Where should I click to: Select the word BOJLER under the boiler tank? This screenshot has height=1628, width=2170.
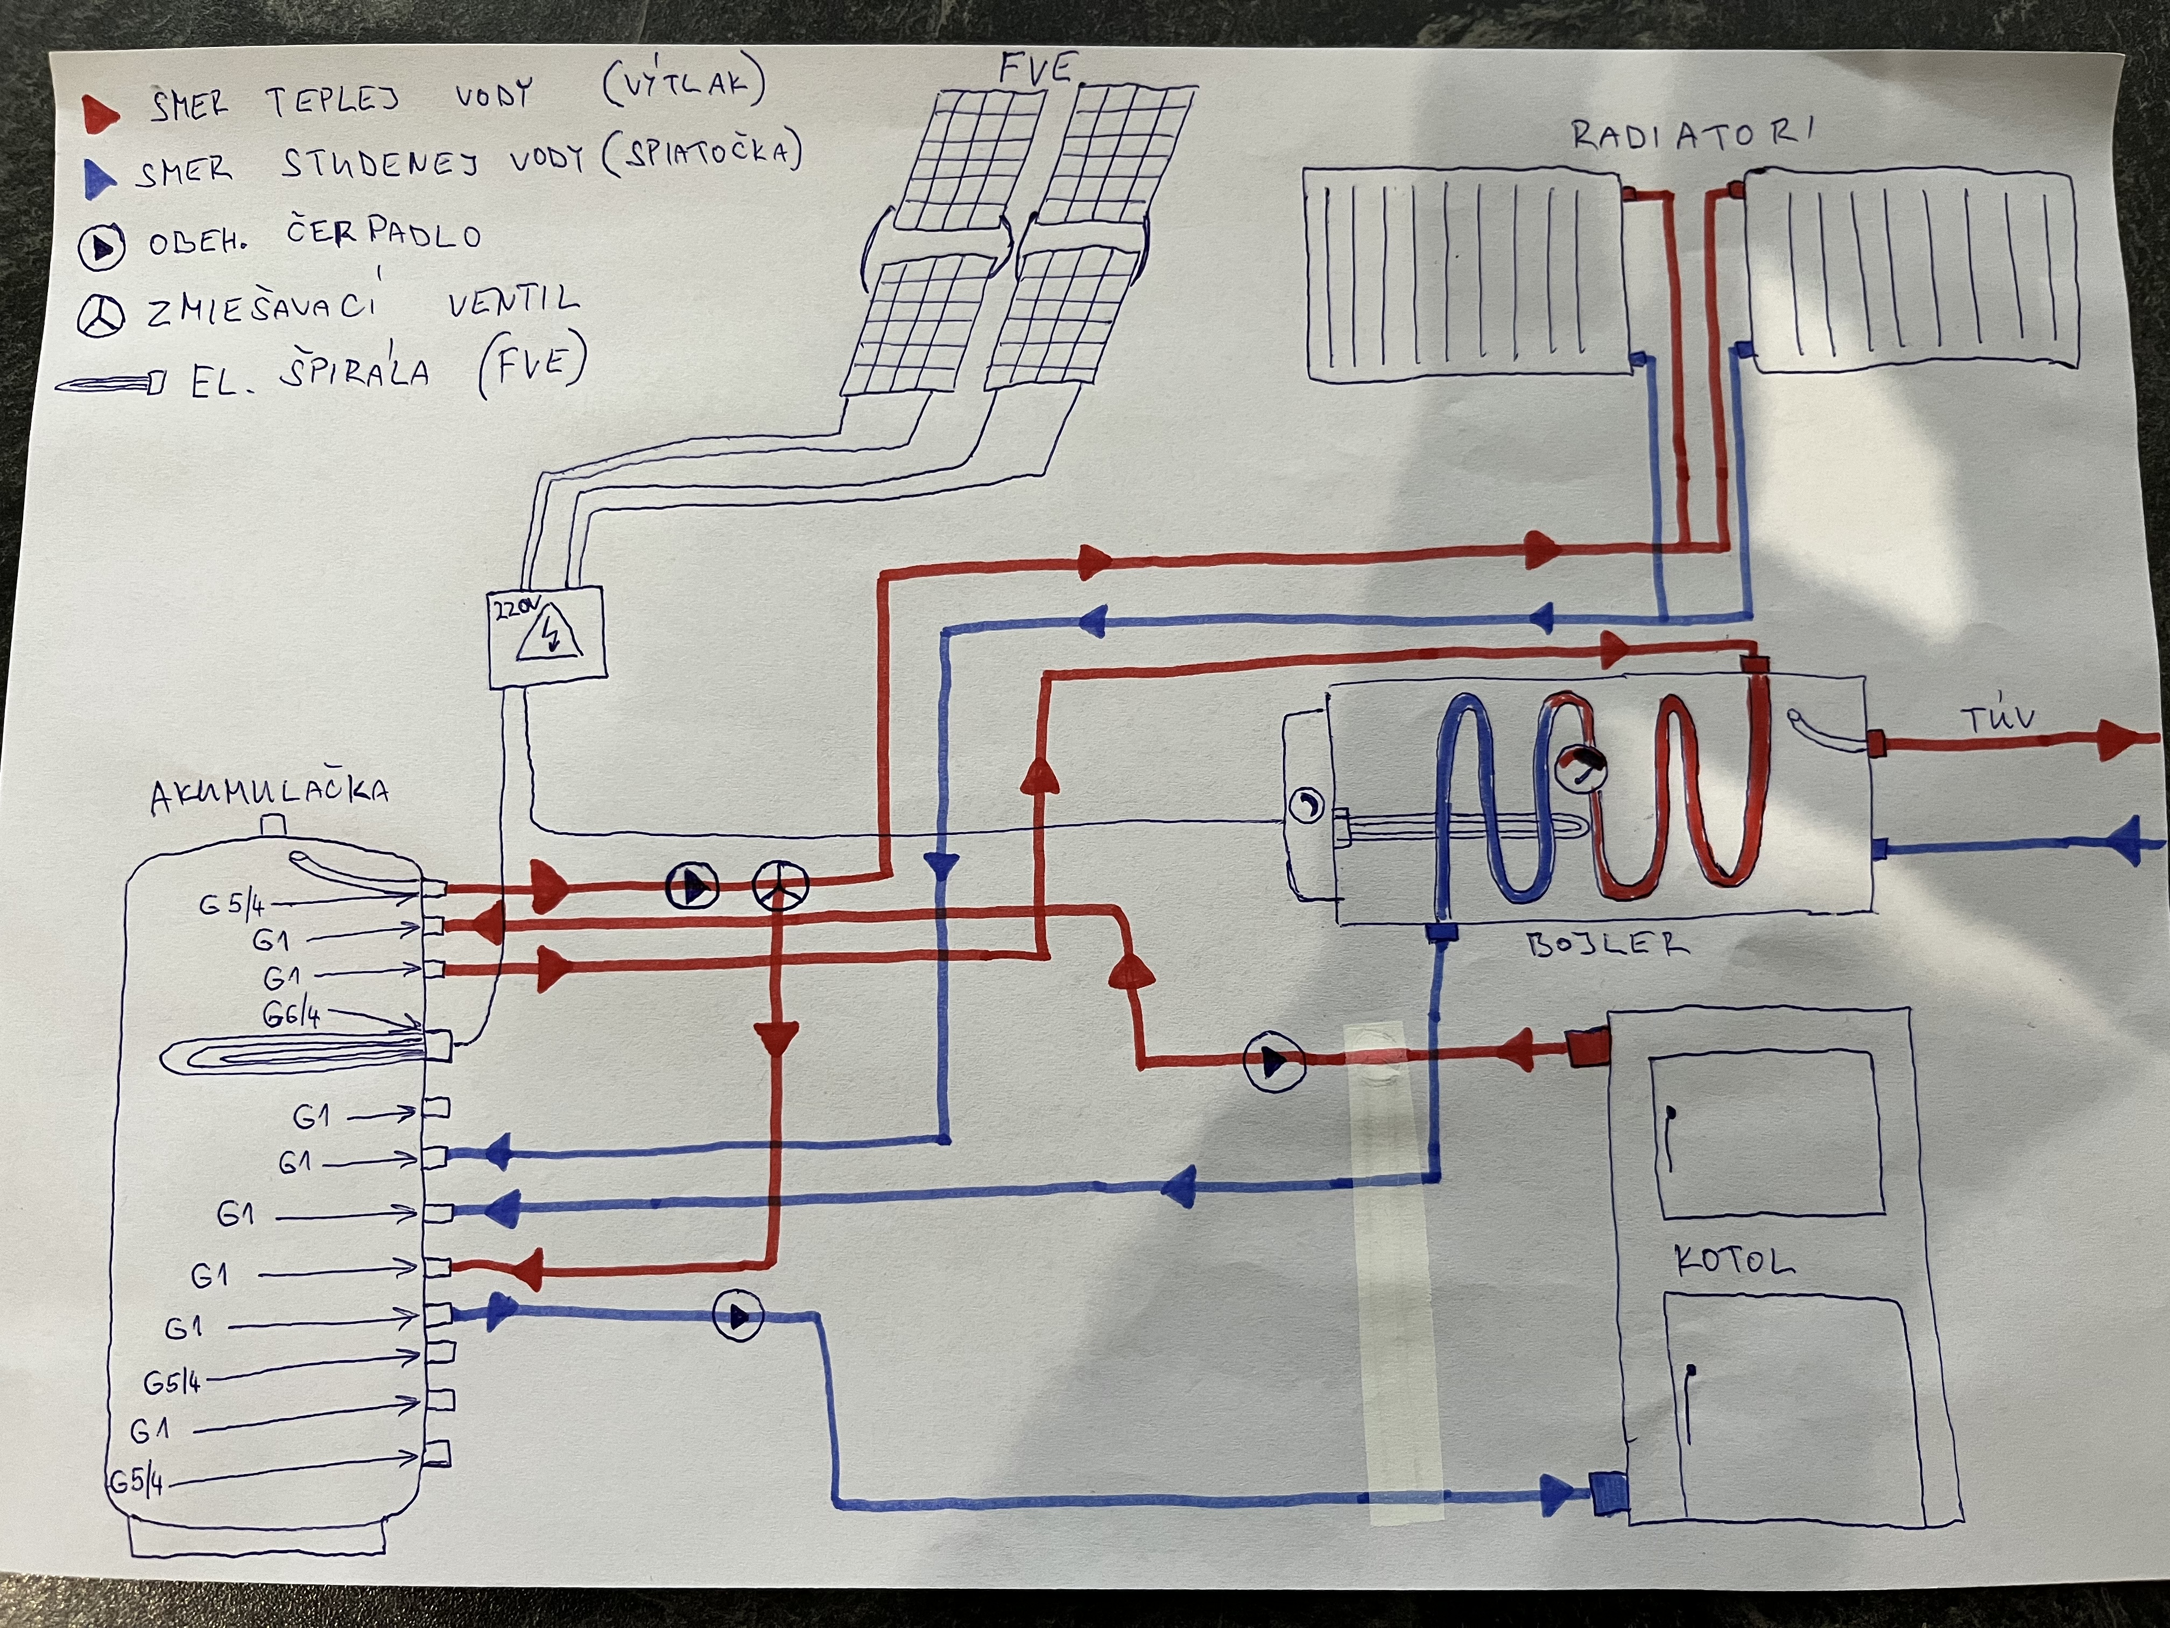tap(1607, 945)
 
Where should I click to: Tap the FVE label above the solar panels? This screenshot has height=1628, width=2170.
tap(1036, 69)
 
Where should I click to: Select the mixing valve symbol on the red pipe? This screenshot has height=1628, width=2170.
tap(780, 886)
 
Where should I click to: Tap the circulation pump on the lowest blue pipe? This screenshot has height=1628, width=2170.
tap(738, 1316)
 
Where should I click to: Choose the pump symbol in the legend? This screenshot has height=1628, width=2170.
tap(101, 247)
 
